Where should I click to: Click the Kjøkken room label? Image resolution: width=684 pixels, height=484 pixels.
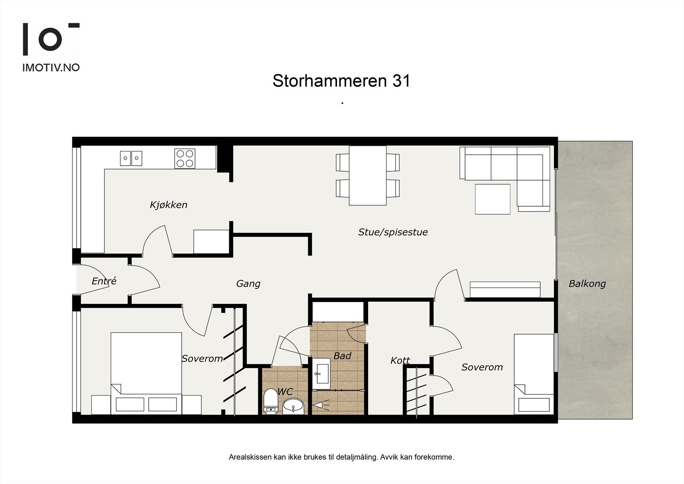click(168, 205)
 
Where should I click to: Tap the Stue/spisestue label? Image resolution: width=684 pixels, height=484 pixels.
click(392, 232)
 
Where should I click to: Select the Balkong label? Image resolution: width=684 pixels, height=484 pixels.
click(587, 283)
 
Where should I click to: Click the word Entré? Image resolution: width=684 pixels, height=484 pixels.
click(104, 281)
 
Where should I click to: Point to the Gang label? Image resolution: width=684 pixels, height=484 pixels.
click(248, 283)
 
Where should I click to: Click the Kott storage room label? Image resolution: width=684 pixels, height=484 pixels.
click(400, 360)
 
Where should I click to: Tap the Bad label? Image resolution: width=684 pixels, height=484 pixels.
click(342, 356)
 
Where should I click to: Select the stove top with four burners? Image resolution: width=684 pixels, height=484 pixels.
click(185, 158)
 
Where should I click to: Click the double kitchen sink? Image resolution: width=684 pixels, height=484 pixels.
click(131, 158)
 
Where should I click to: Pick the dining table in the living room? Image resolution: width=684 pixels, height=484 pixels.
click(368, 175)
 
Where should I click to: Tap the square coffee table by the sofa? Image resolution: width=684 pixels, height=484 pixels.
click(492, 199)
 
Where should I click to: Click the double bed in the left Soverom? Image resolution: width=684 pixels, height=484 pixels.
click(146, 372)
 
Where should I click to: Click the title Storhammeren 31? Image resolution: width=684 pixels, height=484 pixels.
click(341, 80)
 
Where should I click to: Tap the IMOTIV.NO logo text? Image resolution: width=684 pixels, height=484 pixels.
click(51, 67)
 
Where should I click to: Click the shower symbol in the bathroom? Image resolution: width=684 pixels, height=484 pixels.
click(319, 404)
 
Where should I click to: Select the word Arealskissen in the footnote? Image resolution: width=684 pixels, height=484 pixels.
click(250, 457)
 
